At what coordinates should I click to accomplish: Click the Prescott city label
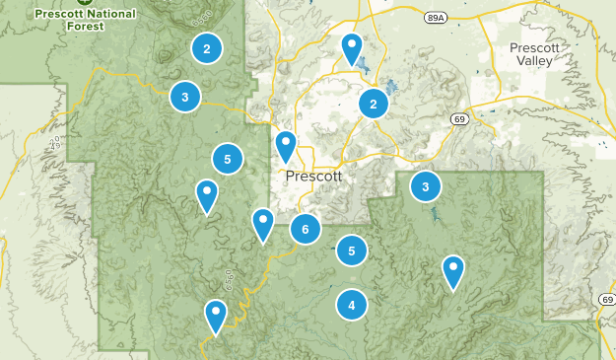pyautogui.click(x=313, y=177)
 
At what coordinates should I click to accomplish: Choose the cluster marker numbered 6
pyautogui.click(x=306, y=230)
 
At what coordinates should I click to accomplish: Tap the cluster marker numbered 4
pyautogui.click(x=352, y=306)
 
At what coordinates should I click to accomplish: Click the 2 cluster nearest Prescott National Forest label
pyautogui.click(x=206, y=48)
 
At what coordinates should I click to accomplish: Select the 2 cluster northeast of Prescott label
pyautogui.click(x=373, y=104)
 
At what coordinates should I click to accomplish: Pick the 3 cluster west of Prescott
pyautogui.click(x=184, y=97)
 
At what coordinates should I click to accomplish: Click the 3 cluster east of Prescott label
pyautogui.click(x=425, y=186)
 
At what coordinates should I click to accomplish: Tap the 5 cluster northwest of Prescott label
pyautogui.click(x=228, y=158)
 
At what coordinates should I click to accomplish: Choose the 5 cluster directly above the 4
pyautogui.click(x=352, y=252)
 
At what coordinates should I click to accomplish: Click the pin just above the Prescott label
pyautogui.click(x=286, y=145)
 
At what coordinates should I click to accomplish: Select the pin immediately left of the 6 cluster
pyautogui.click(x=262, y=223)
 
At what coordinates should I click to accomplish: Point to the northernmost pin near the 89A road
pyautogui.click(x=352, y=47)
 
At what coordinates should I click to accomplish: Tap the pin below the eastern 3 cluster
pyautogui.click(x=452, y=269)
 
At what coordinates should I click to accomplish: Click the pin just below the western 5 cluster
pyautogui.click(x=207, y=194)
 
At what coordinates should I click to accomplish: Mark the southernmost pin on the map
pyautogui.click(x=216, y=315)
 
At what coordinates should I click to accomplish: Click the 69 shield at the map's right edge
pyautogui.click(x=605, y=299)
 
